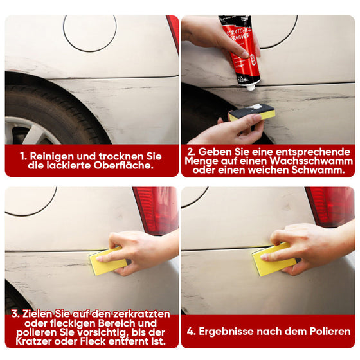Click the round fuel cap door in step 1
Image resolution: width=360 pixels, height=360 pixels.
89,33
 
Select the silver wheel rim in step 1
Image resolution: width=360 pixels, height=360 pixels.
29,132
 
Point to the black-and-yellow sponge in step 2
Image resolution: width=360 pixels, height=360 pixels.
252,113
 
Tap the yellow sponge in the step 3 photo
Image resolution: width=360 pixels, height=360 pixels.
107,262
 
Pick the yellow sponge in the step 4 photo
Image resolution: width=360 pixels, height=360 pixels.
273,260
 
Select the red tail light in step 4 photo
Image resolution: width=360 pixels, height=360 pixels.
331,206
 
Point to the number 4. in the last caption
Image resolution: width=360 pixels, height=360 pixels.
192,332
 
